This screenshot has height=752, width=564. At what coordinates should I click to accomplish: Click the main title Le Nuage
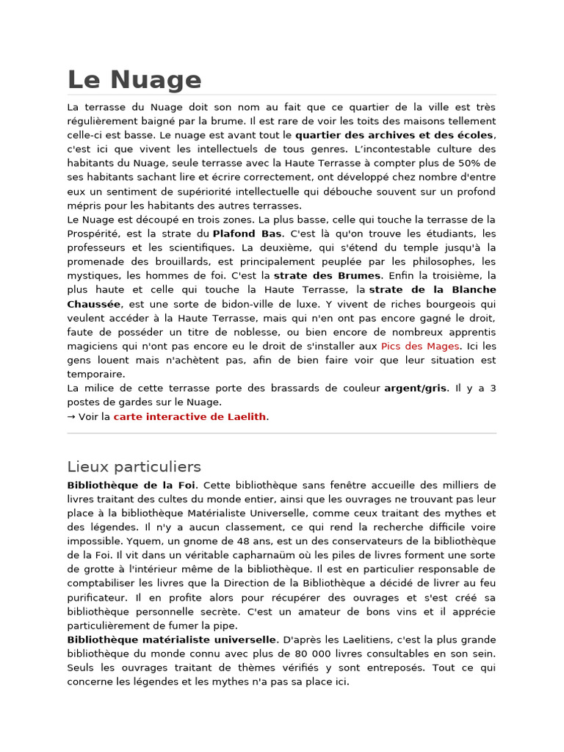coord(134,79)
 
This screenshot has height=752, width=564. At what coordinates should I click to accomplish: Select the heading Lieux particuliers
coord(134,466)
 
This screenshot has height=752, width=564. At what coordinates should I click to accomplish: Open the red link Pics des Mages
coord(420,346)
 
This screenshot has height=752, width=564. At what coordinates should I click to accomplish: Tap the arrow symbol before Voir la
coord(72,416)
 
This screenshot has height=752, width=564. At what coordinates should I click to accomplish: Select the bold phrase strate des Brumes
coord(328,275)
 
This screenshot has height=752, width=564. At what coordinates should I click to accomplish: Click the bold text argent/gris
coord(416,388)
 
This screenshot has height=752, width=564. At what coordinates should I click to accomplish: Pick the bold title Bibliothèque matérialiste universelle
coord(172,640)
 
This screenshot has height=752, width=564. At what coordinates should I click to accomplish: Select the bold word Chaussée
coord(94,304)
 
